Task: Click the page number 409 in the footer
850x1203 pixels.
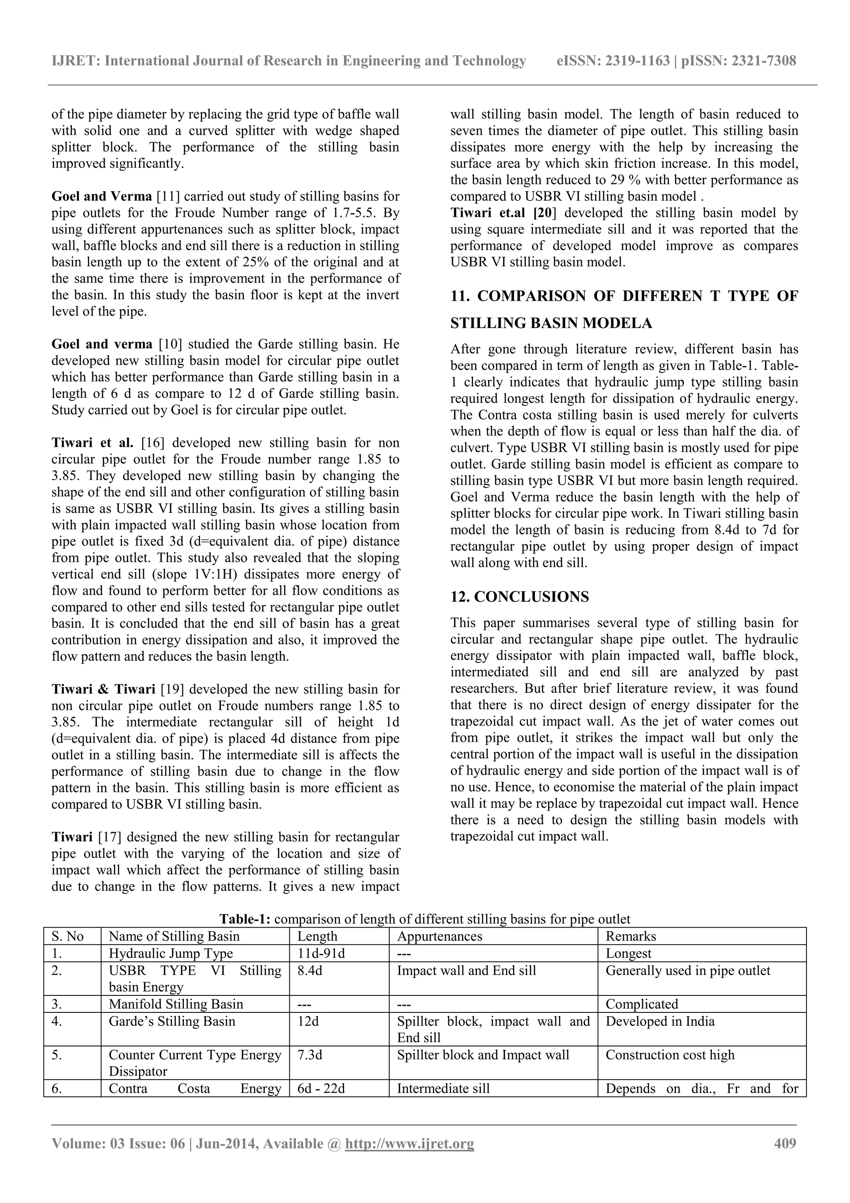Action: click(x=784, y=1143)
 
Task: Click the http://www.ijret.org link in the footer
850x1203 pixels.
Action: click(x=410, y=1143)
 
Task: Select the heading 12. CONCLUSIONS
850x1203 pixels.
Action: click(x=520, y=597)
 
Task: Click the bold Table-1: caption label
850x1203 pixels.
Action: click(x=244, y=919)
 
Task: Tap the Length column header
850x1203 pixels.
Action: click(x=318, y=936)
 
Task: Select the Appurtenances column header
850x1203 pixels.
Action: click(x=440, y=936)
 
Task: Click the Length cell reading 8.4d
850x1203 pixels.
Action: click(x=310, y=970)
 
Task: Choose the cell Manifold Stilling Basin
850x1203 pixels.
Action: click(x=176, y=1004)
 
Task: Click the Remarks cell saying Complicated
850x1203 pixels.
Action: click(x=642, y=1004)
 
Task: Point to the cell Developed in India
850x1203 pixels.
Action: click(x=660, y=1021)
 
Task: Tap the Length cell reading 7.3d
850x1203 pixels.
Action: click(x=310, y=1055)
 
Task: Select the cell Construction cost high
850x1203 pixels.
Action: click(x=670, y=1055)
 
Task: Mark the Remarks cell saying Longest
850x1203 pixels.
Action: click(x=628, y=953)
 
